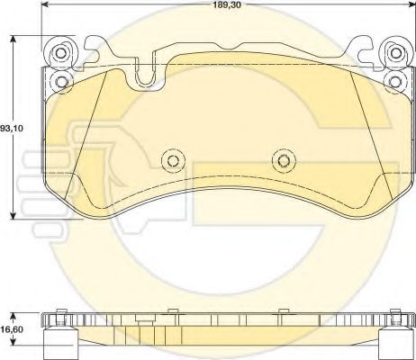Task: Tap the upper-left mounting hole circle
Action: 61,53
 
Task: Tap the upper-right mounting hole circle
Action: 396,53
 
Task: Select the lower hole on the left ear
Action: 61,81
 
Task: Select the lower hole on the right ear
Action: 396,81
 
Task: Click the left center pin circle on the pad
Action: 173,161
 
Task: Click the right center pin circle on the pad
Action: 284,161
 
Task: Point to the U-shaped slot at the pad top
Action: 145,74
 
